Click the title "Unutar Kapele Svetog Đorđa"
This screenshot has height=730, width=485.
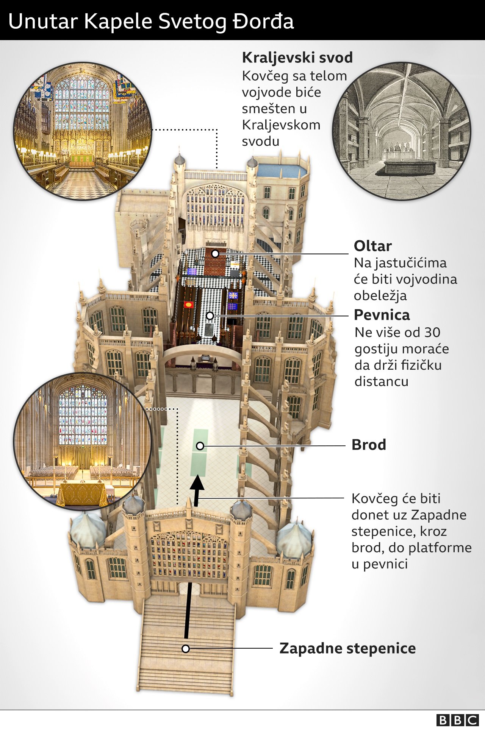tap(151, 21)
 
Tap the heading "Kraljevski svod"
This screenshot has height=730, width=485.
tap(297, 58)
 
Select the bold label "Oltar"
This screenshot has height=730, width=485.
tap(372, 246)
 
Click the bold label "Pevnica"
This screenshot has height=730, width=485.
tap(382, 315)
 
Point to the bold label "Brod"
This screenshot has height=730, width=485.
tap(369, 445)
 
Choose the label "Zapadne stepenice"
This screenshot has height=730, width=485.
tap(347, 648)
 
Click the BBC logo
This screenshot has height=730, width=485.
tap(457, 720)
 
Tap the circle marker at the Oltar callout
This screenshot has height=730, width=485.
tap(215, 254)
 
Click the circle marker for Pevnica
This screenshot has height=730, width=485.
tap(210, 315)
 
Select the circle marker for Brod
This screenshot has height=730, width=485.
tap(200, 446)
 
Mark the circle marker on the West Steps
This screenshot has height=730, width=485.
tap(186, 649)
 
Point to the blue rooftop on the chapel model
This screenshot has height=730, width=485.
tap(282, 171)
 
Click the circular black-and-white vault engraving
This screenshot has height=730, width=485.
tap(402, 131)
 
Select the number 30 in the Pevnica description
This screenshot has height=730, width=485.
tap(432, 332)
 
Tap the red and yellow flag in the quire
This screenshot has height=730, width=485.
tap(188, 304)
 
